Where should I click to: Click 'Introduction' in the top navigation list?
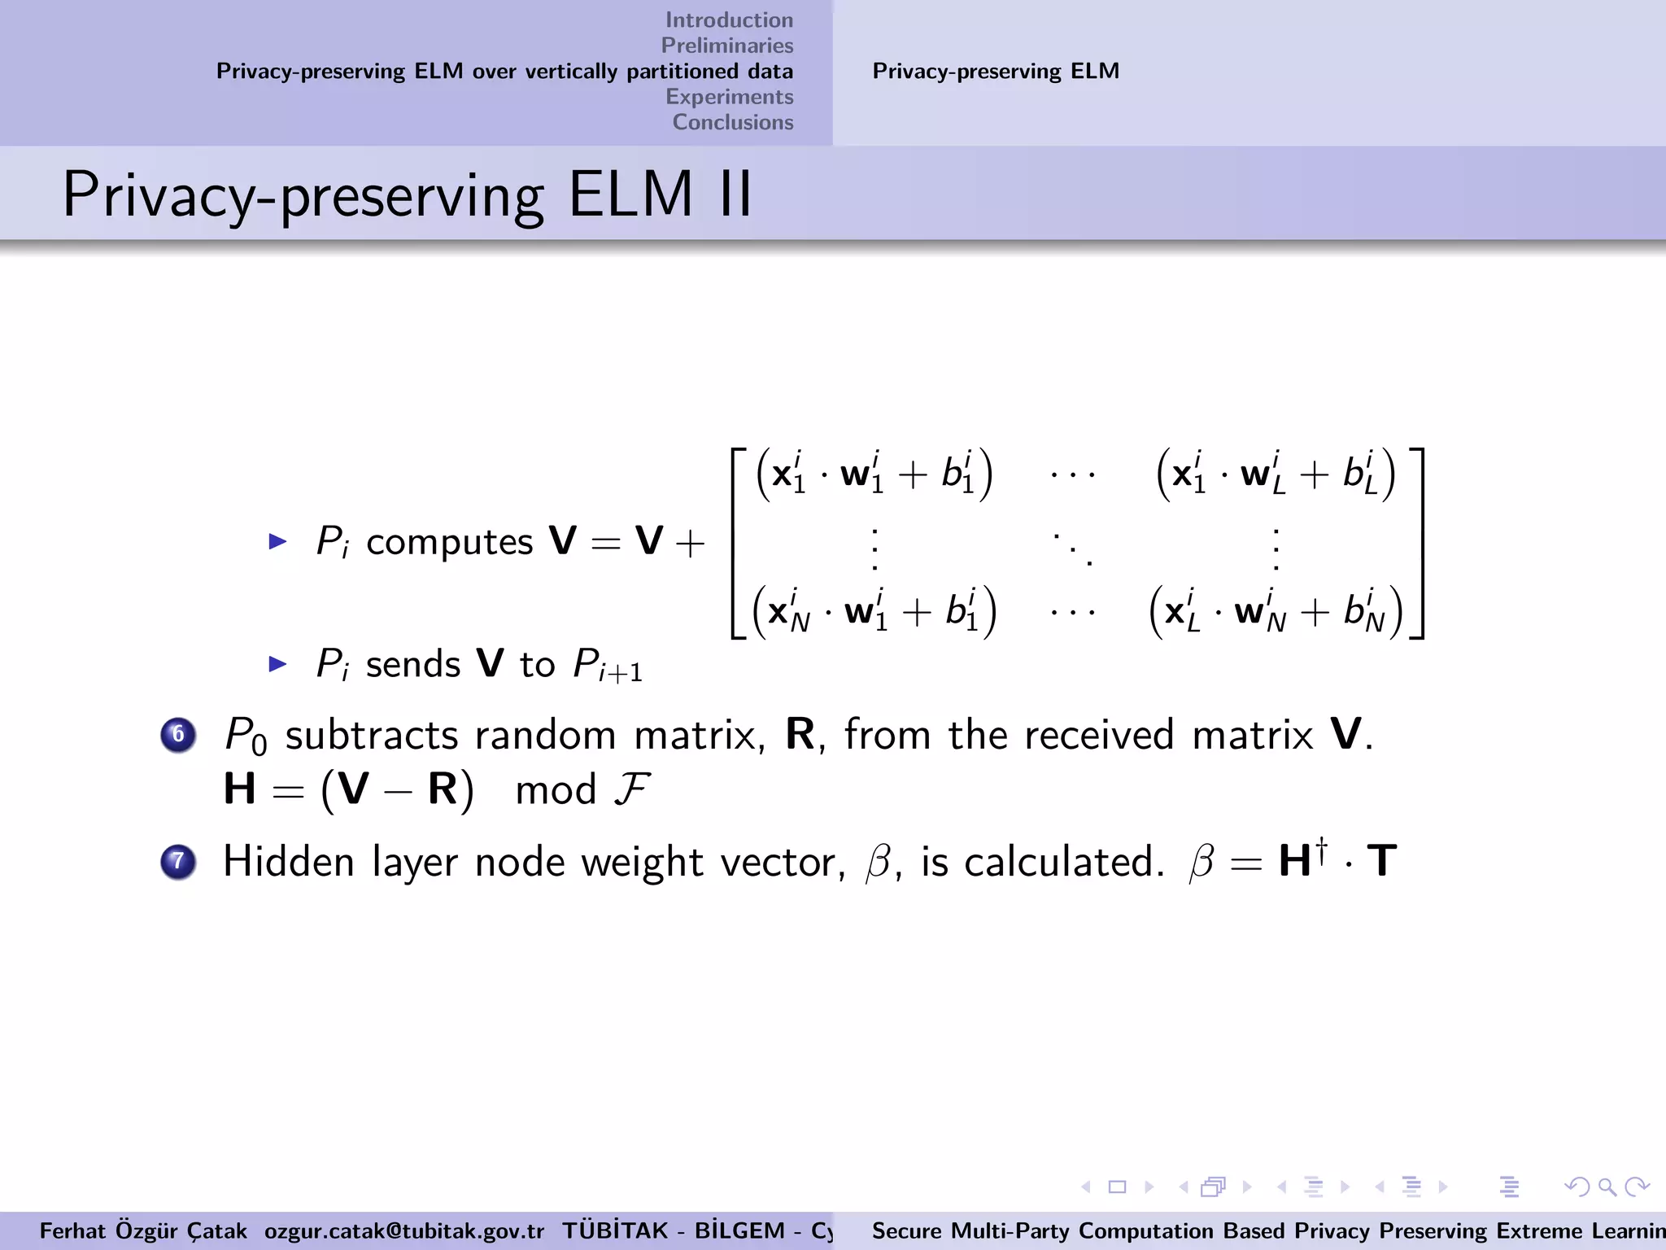pyautogui.click(x=729, y=20)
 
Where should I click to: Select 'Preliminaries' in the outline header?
pyautogui.click(x=726, y=46)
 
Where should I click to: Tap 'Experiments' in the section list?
pyautogui.click(x=729, y=97)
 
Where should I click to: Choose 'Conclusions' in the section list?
pyautogui.click(x=732, y=122)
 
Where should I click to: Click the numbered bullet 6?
pyautogui.click(x=178, y=735)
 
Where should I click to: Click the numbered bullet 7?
pyautogui.click(x=178, y=862)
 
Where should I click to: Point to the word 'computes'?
pyautogui.click(x=449, y=543)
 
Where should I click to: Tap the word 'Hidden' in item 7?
pyautogui.click(x=288, y=862)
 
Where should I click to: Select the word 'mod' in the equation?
pyautogui.click(x=556, y=790)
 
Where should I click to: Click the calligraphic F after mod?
pyautogui.click(x=630, y=789)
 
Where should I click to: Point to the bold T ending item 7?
pyautogui.click(x=1381, y=861)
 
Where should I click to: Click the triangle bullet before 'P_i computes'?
pyautogui.click(x=278, y=541)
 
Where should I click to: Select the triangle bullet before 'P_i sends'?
pyautogui.click(x=278, y=664)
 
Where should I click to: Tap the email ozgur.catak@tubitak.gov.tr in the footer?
pyautogui.click(x=403, y=1230)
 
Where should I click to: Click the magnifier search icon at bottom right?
pyautogui.click(x=1607, y=1187)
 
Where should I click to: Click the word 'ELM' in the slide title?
pyautogui.click(x=630, y=194)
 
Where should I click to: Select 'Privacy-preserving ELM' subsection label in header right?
pyautogui.click(x=996, y=72)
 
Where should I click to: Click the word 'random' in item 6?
pyautogui.click(x=545, y=736)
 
